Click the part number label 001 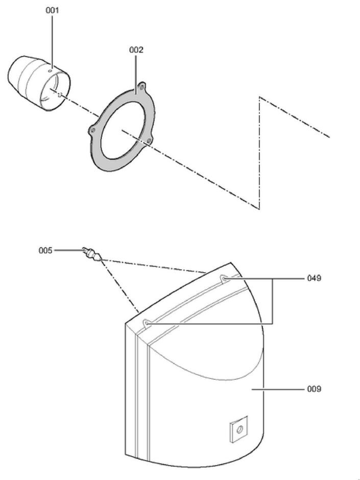click(52, 10)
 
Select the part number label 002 click(136, 50)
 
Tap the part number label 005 click(45, 251)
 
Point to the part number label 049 click(314, 278)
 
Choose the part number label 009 click(314, 389)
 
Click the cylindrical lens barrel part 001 click(39, 82)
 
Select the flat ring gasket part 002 click(122, 126)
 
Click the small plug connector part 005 click(92, 255)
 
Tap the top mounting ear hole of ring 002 click(141, 87)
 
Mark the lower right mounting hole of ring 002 click(149, 141)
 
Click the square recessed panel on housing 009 click(239, 429)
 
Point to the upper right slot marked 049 click(224, 279)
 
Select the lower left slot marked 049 click(147, 323)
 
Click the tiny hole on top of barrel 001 click(51, 70)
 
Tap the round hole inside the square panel click(239, 429)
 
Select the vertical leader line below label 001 click(52, 42)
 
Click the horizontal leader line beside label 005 click(69, 250)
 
